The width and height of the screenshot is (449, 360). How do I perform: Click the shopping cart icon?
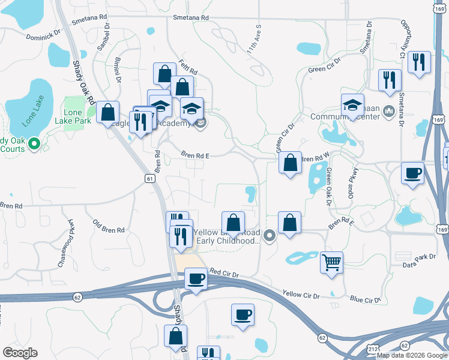331,262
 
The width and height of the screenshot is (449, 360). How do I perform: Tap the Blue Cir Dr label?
366,299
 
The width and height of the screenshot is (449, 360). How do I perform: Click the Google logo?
20,353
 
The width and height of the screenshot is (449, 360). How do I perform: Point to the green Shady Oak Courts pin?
34,143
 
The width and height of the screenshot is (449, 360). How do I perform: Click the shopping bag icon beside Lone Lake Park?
108,112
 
